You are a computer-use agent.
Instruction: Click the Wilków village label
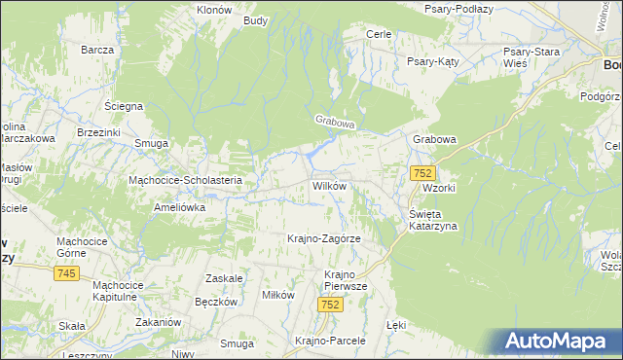click(329, 185)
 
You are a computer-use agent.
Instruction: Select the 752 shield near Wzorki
click(421, 172)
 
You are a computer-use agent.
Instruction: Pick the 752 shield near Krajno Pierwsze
click(330, 305)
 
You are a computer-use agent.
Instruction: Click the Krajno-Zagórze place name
click(324, 238)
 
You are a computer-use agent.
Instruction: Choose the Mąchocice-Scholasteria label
click(192, 180)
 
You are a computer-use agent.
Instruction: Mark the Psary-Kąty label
click(432, 60)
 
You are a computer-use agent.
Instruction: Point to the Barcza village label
click(98, 50)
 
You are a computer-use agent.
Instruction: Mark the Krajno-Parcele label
click(330, 341)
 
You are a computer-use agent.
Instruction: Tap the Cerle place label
click(378, 34)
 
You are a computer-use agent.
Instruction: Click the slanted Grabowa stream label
click(336, 123)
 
